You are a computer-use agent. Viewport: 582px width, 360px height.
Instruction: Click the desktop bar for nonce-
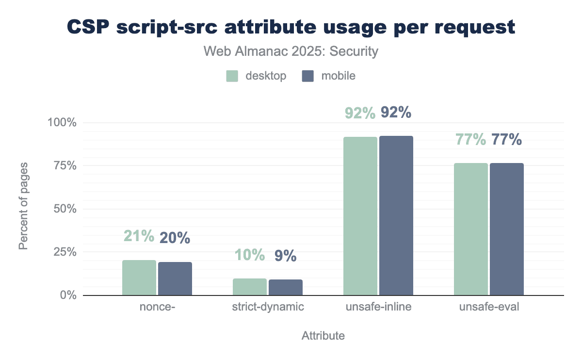(x=139, y=278)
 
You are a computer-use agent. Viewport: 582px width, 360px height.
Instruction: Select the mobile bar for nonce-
(x=175, y=278)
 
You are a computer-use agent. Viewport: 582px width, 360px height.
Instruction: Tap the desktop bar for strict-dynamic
(x=250, y=287)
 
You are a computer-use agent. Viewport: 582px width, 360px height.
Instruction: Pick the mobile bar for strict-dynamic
(x=286, y=287)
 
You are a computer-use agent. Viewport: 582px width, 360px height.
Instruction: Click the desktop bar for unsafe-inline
(x=360, y=216)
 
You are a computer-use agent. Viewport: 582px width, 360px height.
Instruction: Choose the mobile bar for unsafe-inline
(x=396, y=215)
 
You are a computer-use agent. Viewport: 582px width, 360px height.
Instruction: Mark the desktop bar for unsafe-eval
(x=471, y=229)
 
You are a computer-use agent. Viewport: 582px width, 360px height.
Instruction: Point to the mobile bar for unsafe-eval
(x=507, y=229)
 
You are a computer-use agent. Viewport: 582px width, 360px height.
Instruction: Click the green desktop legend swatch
(x=232, y=76)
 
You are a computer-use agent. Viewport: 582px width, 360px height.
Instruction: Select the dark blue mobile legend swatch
(x=307, y=76)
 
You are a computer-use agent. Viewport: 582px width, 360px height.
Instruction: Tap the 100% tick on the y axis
(x=62, y=122)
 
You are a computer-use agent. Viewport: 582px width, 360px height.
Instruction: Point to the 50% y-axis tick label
(x=65, y=209)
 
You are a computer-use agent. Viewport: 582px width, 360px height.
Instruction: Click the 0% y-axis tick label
(x=68, y=295)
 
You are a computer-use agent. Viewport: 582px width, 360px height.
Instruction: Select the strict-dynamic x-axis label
(x=268, y=307)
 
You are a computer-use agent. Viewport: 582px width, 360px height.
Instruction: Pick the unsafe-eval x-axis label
(x=489, y=307)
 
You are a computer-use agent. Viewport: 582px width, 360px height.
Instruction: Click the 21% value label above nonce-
(x=139, y=237)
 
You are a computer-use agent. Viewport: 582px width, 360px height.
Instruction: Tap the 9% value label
(x=285, y=256)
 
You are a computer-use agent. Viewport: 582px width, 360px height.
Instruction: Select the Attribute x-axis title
(x=323, y=336)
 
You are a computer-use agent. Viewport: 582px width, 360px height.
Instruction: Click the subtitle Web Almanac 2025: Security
(x=291, y=51)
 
